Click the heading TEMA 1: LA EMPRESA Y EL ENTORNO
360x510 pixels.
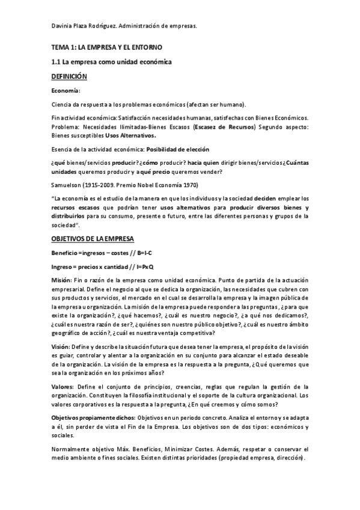point(107,47)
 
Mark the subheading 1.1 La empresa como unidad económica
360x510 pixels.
point(112,62)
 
